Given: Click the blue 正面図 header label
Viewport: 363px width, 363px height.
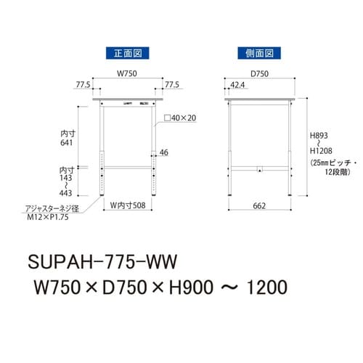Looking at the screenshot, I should point(122,53).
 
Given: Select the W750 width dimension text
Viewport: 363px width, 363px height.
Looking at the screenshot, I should point(129,73).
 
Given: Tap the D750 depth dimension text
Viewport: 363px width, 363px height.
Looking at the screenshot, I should point(259,73).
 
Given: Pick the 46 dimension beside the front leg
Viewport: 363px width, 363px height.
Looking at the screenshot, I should point(164,152).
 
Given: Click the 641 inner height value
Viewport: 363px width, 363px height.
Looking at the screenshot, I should point(67,143).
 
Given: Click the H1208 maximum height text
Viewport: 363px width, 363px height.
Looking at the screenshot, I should point(322,150).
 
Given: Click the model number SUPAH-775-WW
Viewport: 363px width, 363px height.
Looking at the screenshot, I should point(105,259).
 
